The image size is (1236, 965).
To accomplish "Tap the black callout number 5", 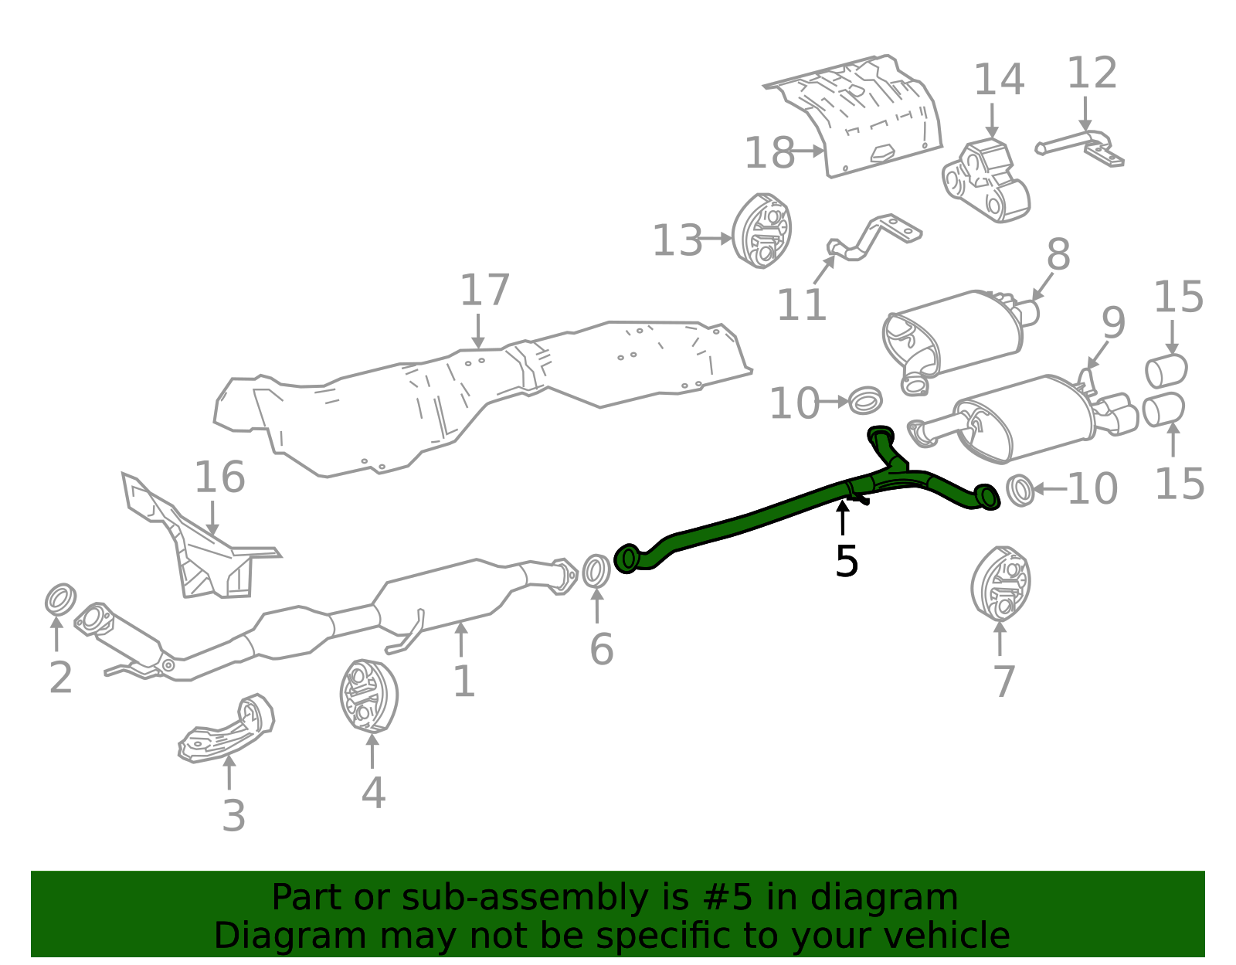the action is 846,561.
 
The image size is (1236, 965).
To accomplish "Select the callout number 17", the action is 484,290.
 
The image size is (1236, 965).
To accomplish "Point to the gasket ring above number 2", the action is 60,599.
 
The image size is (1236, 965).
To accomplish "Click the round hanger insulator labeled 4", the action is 368,696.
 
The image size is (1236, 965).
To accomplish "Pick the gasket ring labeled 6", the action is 596,572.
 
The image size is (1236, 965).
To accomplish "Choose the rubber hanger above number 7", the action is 1000,584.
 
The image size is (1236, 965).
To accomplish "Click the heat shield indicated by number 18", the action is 853,117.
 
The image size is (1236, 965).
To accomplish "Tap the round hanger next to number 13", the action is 761,231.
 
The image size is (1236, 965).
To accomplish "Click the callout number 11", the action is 801,304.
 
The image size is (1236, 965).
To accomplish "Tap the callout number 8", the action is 1058,254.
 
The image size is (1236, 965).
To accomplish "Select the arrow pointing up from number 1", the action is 460,640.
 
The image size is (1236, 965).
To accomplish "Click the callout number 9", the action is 1113,323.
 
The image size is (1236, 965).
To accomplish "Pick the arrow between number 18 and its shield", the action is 809,151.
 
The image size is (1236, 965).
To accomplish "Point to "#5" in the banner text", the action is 735,898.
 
